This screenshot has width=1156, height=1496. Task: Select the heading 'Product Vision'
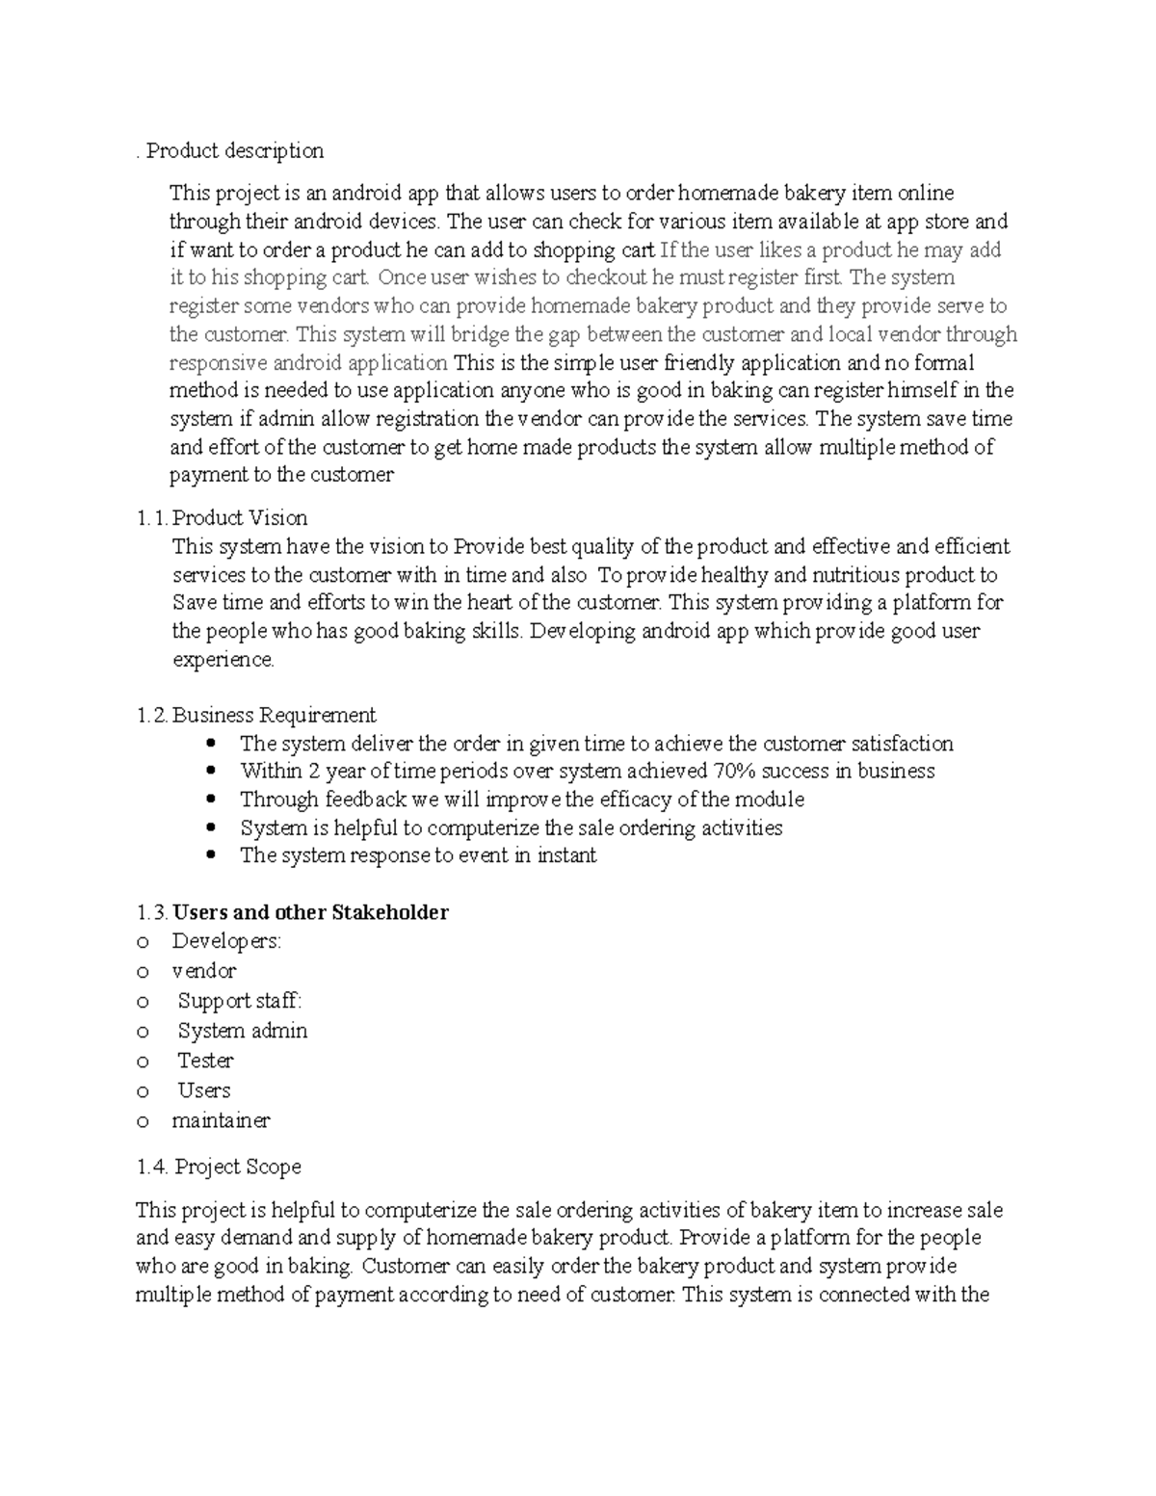pyautogui.click(x=240, y=518)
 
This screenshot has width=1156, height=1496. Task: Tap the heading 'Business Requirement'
pyautogui.click(x=274, y=715)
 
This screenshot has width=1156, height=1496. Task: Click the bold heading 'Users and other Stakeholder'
pyautogui.click(x=310, y=912)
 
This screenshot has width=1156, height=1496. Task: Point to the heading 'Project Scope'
pyautogui.click(x=237, y=1167)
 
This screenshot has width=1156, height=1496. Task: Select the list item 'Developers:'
pyautogui.click(x=226, y=941)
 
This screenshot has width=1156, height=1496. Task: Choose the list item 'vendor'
pyautogui.click(x=203, y=971)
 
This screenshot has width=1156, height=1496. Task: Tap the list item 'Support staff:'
pyautogui.click(x=239, y=1001)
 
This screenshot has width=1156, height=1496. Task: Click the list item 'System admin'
pyautogui.click(x=242, y=1031)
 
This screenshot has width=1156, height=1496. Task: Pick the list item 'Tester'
pyautogui.click(x=205, y=1061)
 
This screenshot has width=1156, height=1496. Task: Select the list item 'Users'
pyautogui.click(x=203, y=1090)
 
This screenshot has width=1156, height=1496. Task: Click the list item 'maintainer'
pyautogui.click(x=221, y=1120)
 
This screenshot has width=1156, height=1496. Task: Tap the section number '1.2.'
pyautogui.click(x=152, y=715)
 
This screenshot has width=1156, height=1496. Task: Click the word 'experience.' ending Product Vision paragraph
pyautogui.click(x=223, y=660)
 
